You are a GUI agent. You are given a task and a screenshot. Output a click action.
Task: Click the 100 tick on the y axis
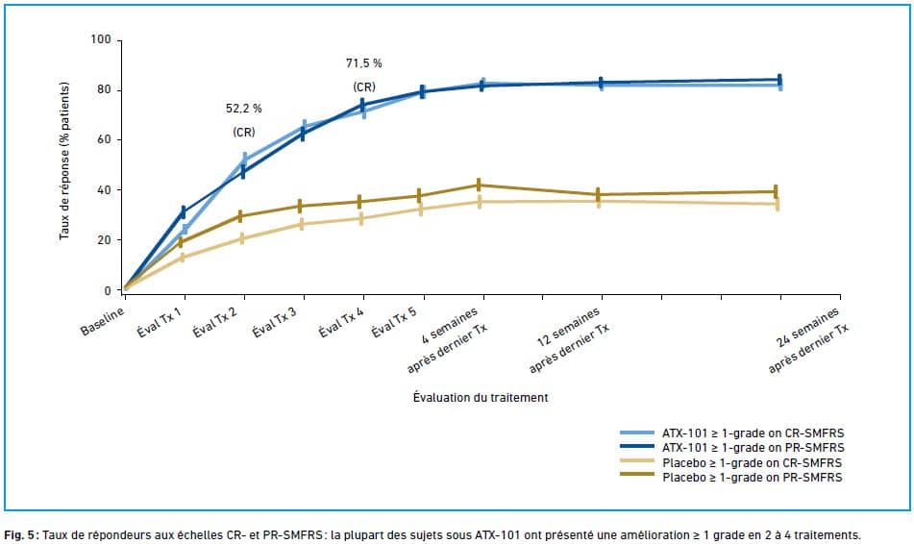point(101,40)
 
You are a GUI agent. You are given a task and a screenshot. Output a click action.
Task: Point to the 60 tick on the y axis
point(104,140)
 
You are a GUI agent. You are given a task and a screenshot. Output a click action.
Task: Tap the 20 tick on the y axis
point(104,240)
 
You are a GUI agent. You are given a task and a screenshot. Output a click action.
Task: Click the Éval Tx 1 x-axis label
point(161,323)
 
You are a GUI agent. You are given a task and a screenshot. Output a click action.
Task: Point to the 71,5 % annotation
point(364,63)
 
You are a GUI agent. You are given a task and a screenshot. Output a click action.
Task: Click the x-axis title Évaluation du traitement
point(481,396)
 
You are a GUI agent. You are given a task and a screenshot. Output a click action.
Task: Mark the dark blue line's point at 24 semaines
point(778,80)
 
